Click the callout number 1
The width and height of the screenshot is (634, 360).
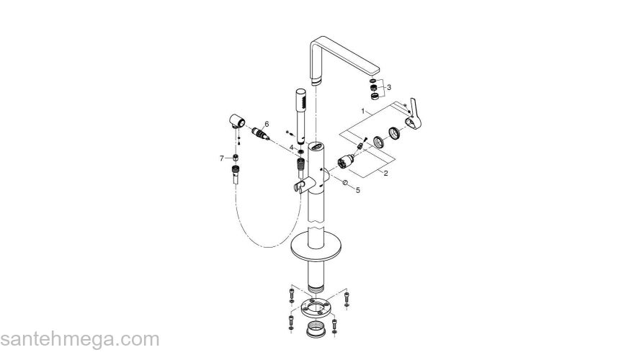point(366,112)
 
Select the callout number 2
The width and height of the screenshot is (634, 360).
point(385,174)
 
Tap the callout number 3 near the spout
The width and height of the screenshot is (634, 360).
point(389,87)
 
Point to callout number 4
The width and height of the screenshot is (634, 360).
point(291,147)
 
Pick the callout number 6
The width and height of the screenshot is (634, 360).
point(266,124)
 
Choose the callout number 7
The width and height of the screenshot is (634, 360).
point(222,158)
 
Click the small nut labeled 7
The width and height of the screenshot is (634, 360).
point(234,158)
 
